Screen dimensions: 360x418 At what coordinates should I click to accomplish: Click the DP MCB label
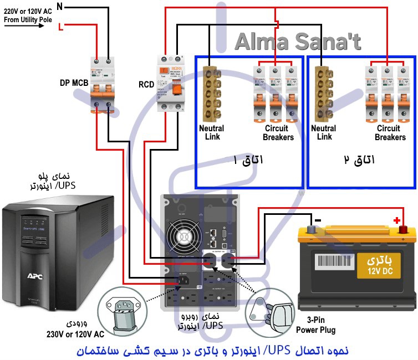(73, 83)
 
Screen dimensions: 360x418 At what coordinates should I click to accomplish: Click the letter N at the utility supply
(60, 7)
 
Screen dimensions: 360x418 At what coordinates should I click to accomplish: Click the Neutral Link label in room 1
(211, 133)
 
